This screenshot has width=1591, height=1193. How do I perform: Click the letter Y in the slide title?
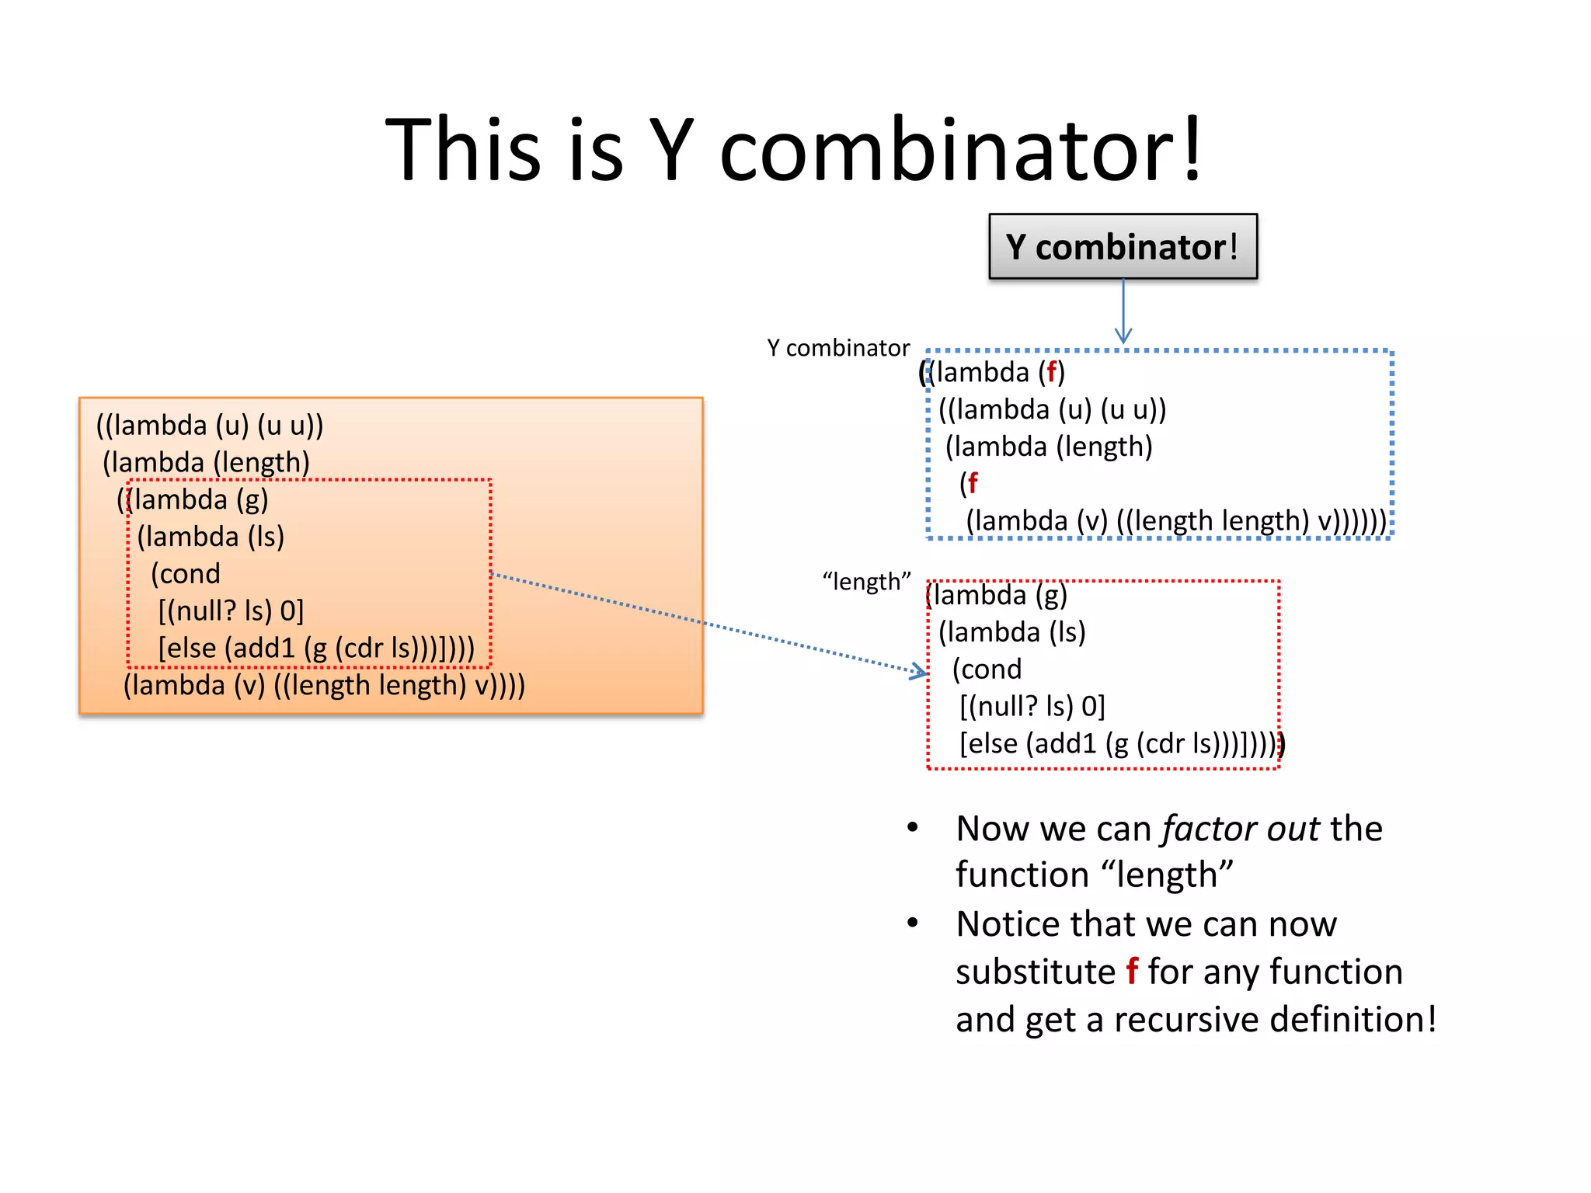coord(670,150)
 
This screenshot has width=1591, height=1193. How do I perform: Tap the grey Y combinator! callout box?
coord(1122,247)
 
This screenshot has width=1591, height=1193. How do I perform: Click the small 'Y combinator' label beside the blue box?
coord(837,348)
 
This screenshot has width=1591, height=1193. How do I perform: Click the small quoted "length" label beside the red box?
coord(866,581)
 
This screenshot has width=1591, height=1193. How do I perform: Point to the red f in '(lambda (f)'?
coord(1051,372)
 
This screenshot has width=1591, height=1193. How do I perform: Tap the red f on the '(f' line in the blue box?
coord(973,483)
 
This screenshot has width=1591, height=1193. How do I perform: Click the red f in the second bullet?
coord(1132,972)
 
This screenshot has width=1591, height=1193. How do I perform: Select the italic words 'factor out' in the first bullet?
coord(1241,829)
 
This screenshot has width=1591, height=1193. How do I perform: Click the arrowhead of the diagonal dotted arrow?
coord(921,672)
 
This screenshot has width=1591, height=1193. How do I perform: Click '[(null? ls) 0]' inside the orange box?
coord(231,611)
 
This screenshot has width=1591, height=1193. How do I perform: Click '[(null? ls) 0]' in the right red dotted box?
coord(1032,707)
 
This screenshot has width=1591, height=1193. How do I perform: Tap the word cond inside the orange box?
coord(186,574)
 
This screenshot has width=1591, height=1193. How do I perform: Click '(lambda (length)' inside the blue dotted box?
coord(1048,447)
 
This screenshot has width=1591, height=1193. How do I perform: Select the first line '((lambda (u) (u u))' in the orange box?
coord(210,426)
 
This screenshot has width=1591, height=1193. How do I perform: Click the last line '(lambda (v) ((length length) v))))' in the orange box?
coord(324,685)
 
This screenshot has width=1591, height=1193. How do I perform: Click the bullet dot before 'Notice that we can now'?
coord(913,923)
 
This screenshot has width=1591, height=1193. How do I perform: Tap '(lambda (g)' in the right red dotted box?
coord(997,595)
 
